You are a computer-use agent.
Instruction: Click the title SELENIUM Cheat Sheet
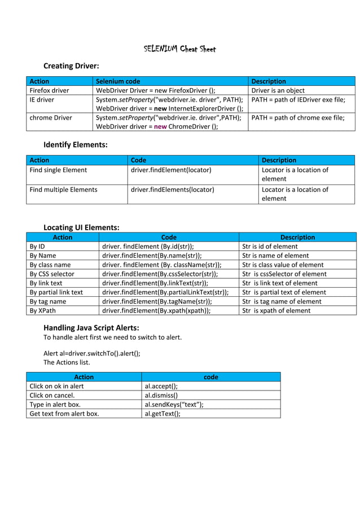pos(179,49)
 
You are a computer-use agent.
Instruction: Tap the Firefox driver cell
pos(49,90)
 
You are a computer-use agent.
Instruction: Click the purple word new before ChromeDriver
pos(161,127)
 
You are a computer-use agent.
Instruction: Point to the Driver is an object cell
pos(278,90)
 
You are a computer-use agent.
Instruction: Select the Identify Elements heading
pos(76,145)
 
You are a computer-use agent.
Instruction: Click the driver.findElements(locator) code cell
pos(172,190)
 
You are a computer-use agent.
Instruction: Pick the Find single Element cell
pos(58,170)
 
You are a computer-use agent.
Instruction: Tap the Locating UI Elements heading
pos(81,227)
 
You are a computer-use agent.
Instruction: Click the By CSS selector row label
pos(52,274)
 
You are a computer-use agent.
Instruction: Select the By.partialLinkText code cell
pos(165,292)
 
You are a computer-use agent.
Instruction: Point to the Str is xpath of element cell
pos(276,310)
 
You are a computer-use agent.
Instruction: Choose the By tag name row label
pos(48,301)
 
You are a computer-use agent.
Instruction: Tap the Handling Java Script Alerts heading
pos(91,328)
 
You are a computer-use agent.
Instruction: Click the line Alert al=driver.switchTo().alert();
pos(92,354)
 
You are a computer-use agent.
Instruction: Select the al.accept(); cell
pos(161,386)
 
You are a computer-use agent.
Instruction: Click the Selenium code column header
pos(118,81)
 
